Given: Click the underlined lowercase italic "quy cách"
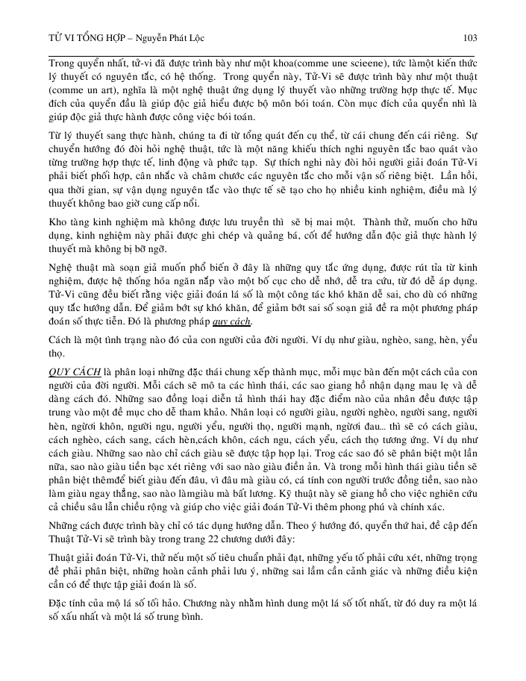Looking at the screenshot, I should [x=232, y=322].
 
